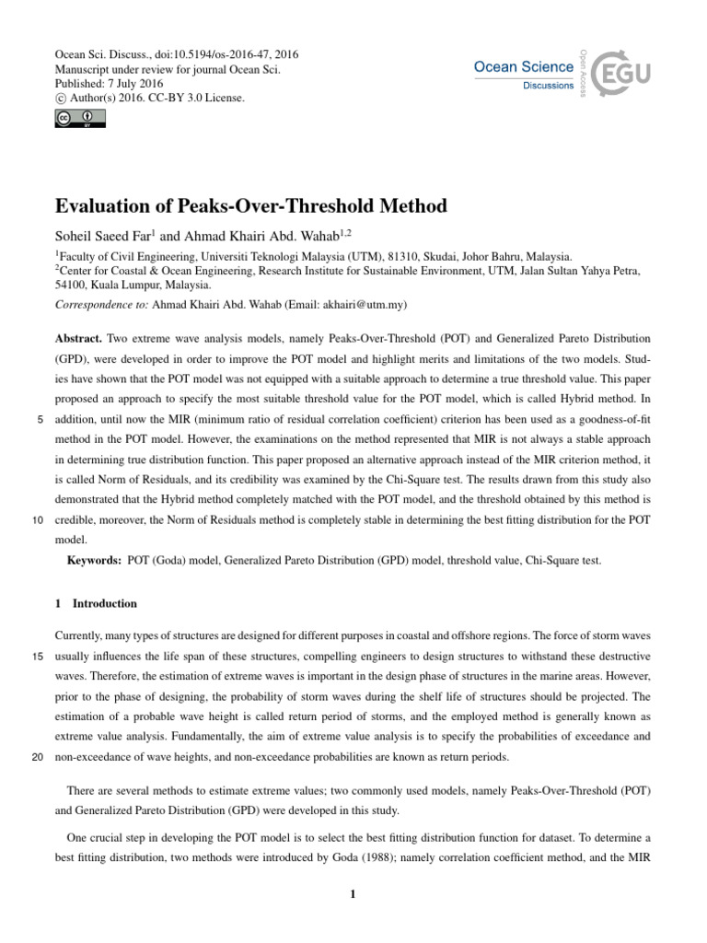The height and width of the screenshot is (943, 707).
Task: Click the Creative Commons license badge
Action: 81,118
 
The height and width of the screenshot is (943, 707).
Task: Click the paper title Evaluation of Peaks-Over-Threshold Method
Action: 251,205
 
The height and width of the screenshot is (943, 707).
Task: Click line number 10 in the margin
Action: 38,520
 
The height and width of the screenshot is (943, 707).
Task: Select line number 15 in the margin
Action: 38,657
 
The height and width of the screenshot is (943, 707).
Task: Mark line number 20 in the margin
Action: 38,757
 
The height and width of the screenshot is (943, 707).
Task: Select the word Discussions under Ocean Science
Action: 549,86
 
